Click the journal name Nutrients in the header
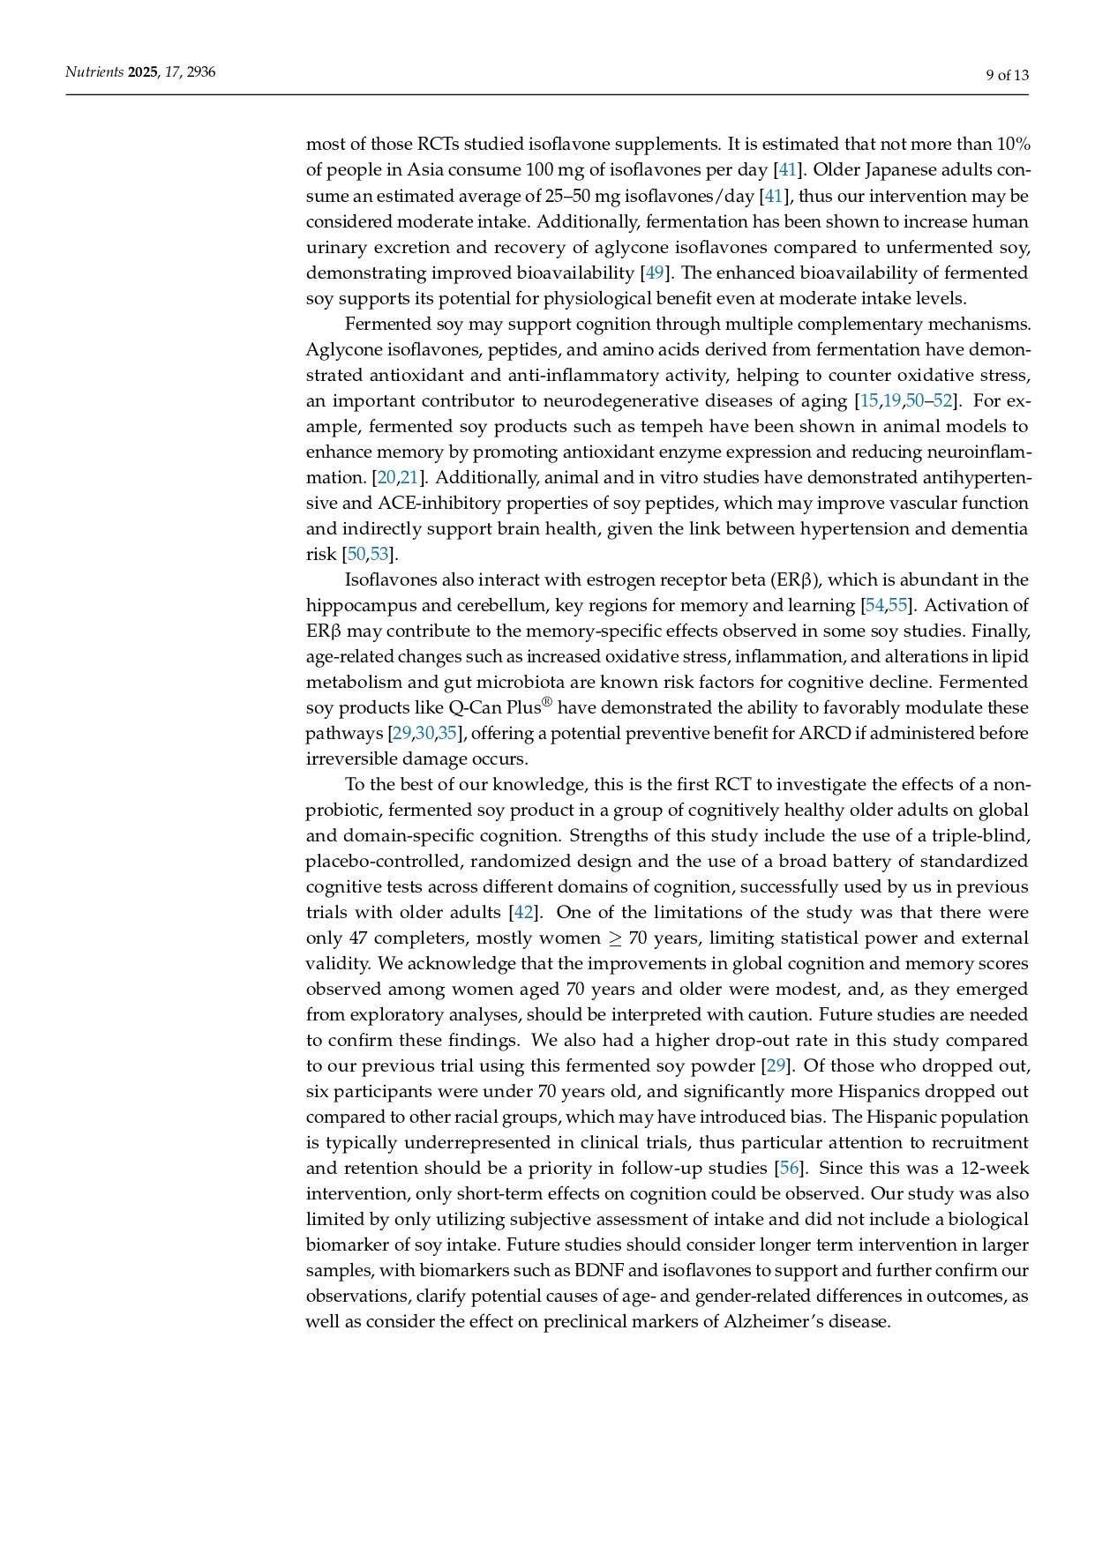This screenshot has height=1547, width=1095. (94, 72)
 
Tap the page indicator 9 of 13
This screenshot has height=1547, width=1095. (1007, 75)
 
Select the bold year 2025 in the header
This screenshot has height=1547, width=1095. (143, 72)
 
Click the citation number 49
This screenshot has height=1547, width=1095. (654, 273)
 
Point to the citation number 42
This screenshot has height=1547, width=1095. (524, 912)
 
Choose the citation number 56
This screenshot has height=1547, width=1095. (788, 1168)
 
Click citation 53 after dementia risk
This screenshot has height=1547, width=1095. (379, 554)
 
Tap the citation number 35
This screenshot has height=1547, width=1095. (447, 733)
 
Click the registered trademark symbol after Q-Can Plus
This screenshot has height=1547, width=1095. (547, 702)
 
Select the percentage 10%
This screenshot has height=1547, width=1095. (1013, 144)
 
